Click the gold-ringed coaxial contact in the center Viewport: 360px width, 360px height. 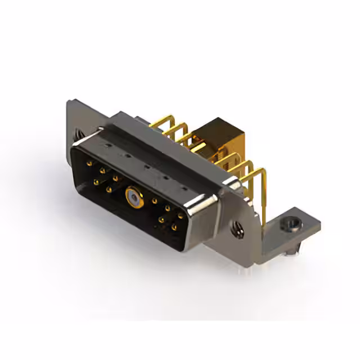pos(131,197)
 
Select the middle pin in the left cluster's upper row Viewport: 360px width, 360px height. pos(102,170)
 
